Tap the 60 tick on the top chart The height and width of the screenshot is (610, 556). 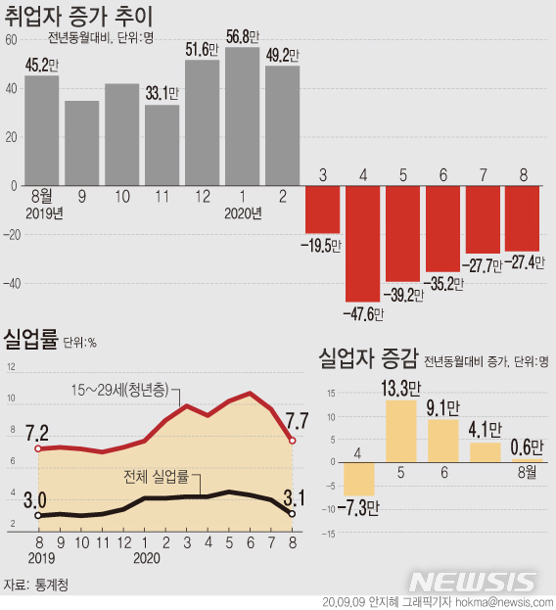[x=11, y=39]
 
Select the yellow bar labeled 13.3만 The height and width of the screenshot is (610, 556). [x=402, y=432]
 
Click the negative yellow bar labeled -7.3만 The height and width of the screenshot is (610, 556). [x=360, y=480]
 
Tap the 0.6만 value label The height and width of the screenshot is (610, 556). [x=526, y=446]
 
